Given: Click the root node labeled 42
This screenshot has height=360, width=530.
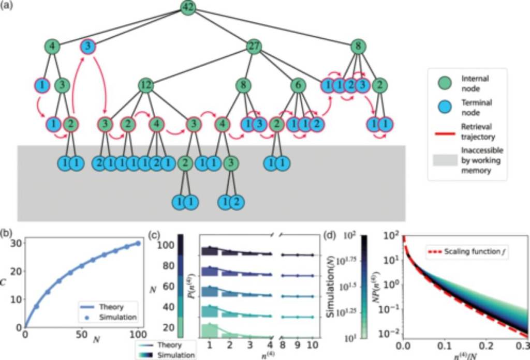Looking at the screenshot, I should coord(187,7).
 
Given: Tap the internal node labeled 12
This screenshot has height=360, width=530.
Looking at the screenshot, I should coord(145,85).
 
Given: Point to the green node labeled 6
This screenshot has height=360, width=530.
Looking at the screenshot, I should coord(297,85).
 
